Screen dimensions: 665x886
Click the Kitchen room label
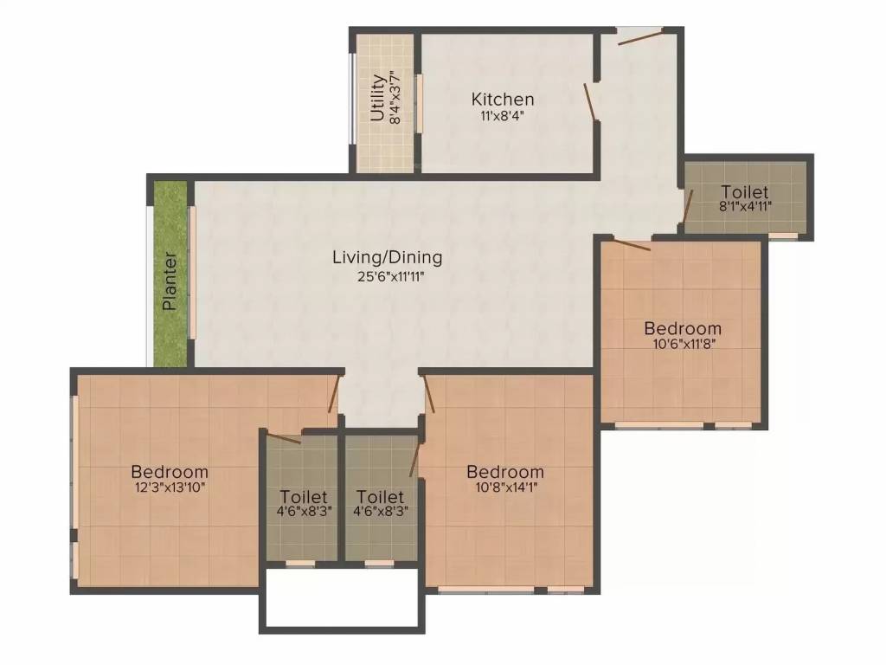[503, 100]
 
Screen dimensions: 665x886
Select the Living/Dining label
[388, 257]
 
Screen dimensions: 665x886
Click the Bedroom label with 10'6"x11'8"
[683, 328]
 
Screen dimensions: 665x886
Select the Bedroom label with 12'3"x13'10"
[170, 472]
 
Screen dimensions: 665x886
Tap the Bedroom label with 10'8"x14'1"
[505, 472]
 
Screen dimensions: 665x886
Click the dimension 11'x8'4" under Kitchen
[503, 116]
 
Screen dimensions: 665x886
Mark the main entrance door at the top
[640, 36]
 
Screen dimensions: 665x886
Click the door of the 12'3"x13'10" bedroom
[332, 395]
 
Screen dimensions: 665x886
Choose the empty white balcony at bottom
[340, 597]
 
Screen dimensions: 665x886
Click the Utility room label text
[377, 98]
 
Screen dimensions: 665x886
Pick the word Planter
[170, 281]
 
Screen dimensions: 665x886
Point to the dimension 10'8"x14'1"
[505, 487]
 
